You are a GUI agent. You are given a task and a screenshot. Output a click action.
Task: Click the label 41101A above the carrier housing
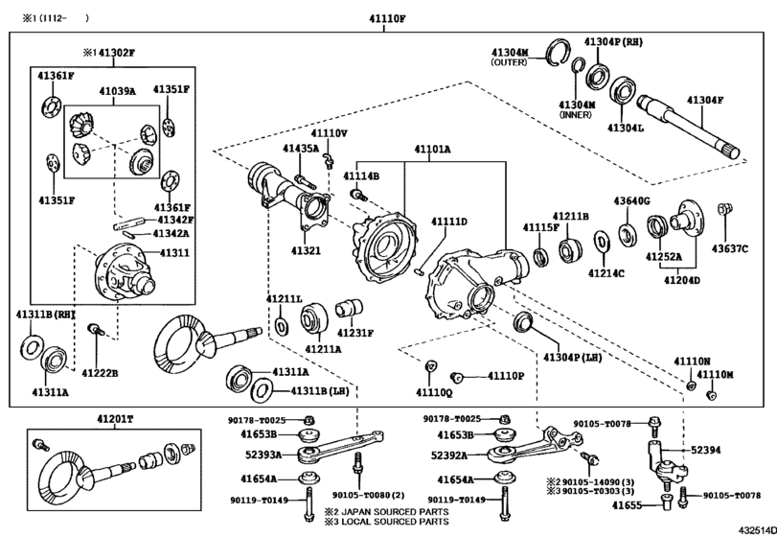[x=432, y=151]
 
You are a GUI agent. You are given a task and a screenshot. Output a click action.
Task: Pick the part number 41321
[x=307, y=250]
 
